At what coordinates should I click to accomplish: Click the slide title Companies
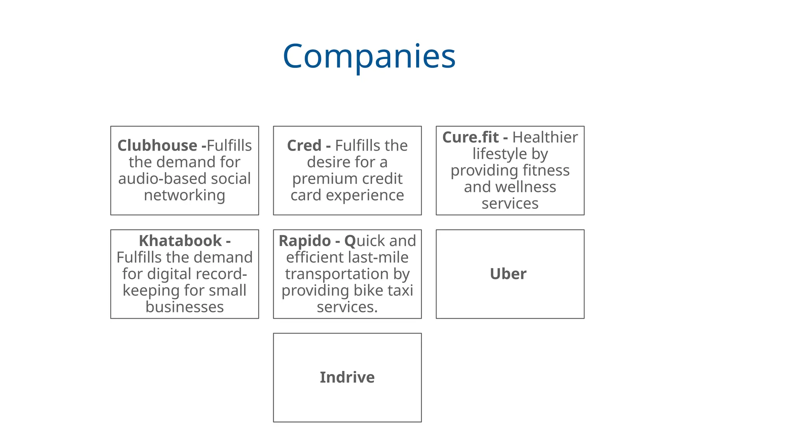click(369, 57)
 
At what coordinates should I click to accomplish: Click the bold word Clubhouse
click(157, 146)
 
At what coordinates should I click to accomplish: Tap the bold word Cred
click(304, 146)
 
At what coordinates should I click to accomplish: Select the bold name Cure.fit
click(470, 137)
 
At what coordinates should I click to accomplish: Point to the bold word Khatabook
click(180, 241)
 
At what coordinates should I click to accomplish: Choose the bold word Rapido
click(304, 241)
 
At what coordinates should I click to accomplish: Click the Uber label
click(508, 274)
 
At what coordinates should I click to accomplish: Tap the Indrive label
click(347, 378)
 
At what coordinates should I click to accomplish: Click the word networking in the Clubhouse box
click(184, 195)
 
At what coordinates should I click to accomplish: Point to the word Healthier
click(545, 137)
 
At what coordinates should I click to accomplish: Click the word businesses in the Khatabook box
click(184, 307)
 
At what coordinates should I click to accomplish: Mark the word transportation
click(337, 274)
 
